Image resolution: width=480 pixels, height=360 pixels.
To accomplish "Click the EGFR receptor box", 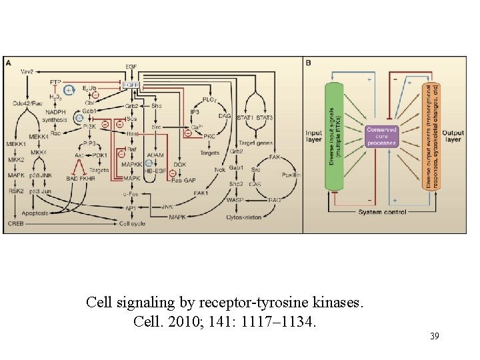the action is pos(131,85).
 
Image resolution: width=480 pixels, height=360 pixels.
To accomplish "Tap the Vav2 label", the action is pos(27,71).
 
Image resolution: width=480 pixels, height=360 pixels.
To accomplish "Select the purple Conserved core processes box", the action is pos(381,135).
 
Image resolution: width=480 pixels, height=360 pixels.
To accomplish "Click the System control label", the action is pos(380,213).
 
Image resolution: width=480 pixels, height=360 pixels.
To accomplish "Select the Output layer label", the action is pos(453,136).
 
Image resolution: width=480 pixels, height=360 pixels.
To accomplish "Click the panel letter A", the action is pos(8,62).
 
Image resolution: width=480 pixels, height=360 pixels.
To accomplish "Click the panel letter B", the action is pos(308,63).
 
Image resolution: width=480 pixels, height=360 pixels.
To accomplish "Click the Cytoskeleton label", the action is pos(244,217).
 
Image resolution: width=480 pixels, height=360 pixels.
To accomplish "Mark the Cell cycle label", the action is pos(131,223).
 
